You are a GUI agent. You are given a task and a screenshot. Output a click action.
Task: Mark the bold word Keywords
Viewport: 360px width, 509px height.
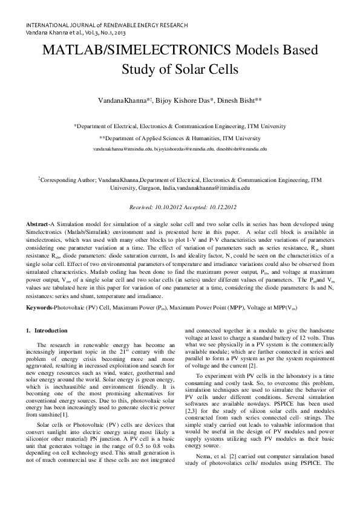tap(40, 308)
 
